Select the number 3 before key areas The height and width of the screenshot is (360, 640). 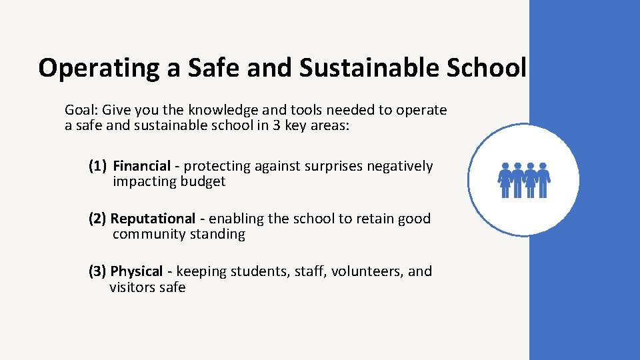(276, 125)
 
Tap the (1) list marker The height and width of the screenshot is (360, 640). (98, 166)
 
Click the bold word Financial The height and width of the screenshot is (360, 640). (141, 166)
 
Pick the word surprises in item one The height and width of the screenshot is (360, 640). (333, 166)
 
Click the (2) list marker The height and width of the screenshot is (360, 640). (98, 219)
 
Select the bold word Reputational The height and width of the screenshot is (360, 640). (153, 219)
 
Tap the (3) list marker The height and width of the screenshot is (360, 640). (98, 271)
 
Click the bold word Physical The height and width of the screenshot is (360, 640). (137, 271)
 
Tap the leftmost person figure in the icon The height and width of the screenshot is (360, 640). (505, 180)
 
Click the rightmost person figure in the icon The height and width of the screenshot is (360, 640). (543, 180)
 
